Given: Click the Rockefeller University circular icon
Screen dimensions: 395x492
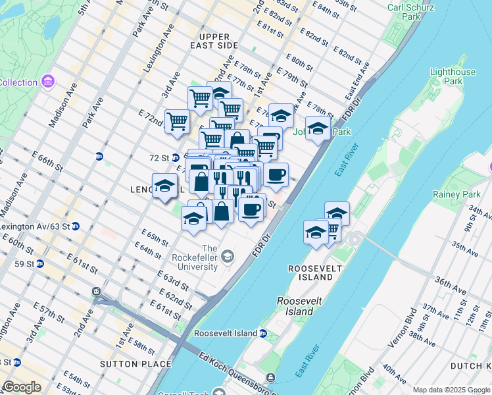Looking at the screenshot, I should pyautogui.click(x=228, y=255).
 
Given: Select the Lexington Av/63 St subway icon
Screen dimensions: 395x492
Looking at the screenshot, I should pyautogui.click(x=76, y=226).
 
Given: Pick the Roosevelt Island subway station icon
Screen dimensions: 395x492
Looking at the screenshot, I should pyautogui.click(x=264, y=334).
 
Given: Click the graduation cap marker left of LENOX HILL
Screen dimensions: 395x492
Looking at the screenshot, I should pyautogui.click(x=164, y=186).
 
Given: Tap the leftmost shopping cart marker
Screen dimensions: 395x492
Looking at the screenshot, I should pyautogui.click(x=177, y=122).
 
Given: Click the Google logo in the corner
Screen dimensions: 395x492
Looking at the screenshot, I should pyautogui.click(x=22, y=387).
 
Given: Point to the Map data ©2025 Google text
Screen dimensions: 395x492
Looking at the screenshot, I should pyautogui.click(x=451, y=390).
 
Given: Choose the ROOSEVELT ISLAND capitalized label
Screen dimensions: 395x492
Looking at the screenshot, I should pyautogui.click(x=314, y=273).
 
